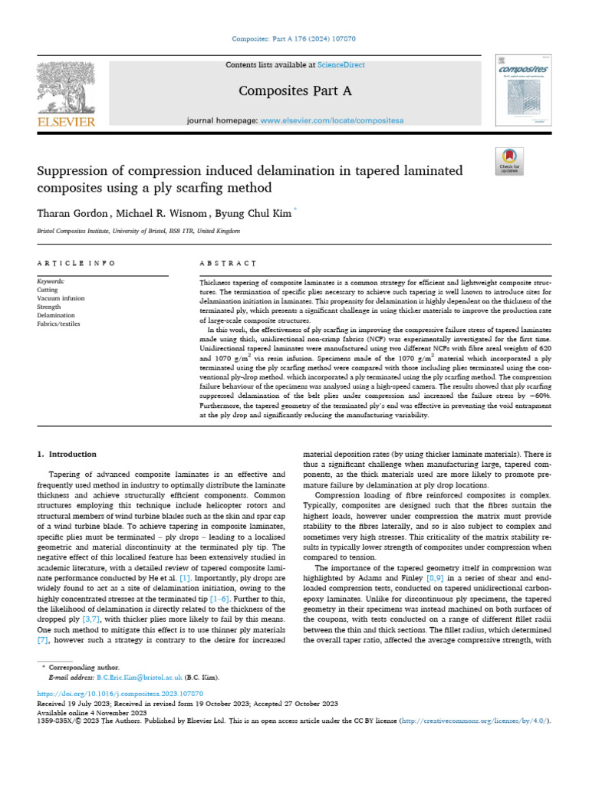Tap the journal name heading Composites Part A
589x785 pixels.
click(295, 91)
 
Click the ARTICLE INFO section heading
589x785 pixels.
click(76, 263)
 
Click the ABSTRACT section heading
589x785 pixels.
click(228, 263)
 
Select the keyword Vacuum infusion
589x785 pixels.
click(61, 298)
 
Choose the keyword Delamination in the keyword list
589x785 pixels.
click(56, 315)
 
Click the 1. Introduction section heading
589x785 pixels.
click(67, 454)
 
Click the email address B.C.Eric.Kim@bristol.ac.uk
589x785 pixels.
click(139, 678)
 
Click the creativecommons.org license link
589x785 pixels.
click(491, 721)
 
